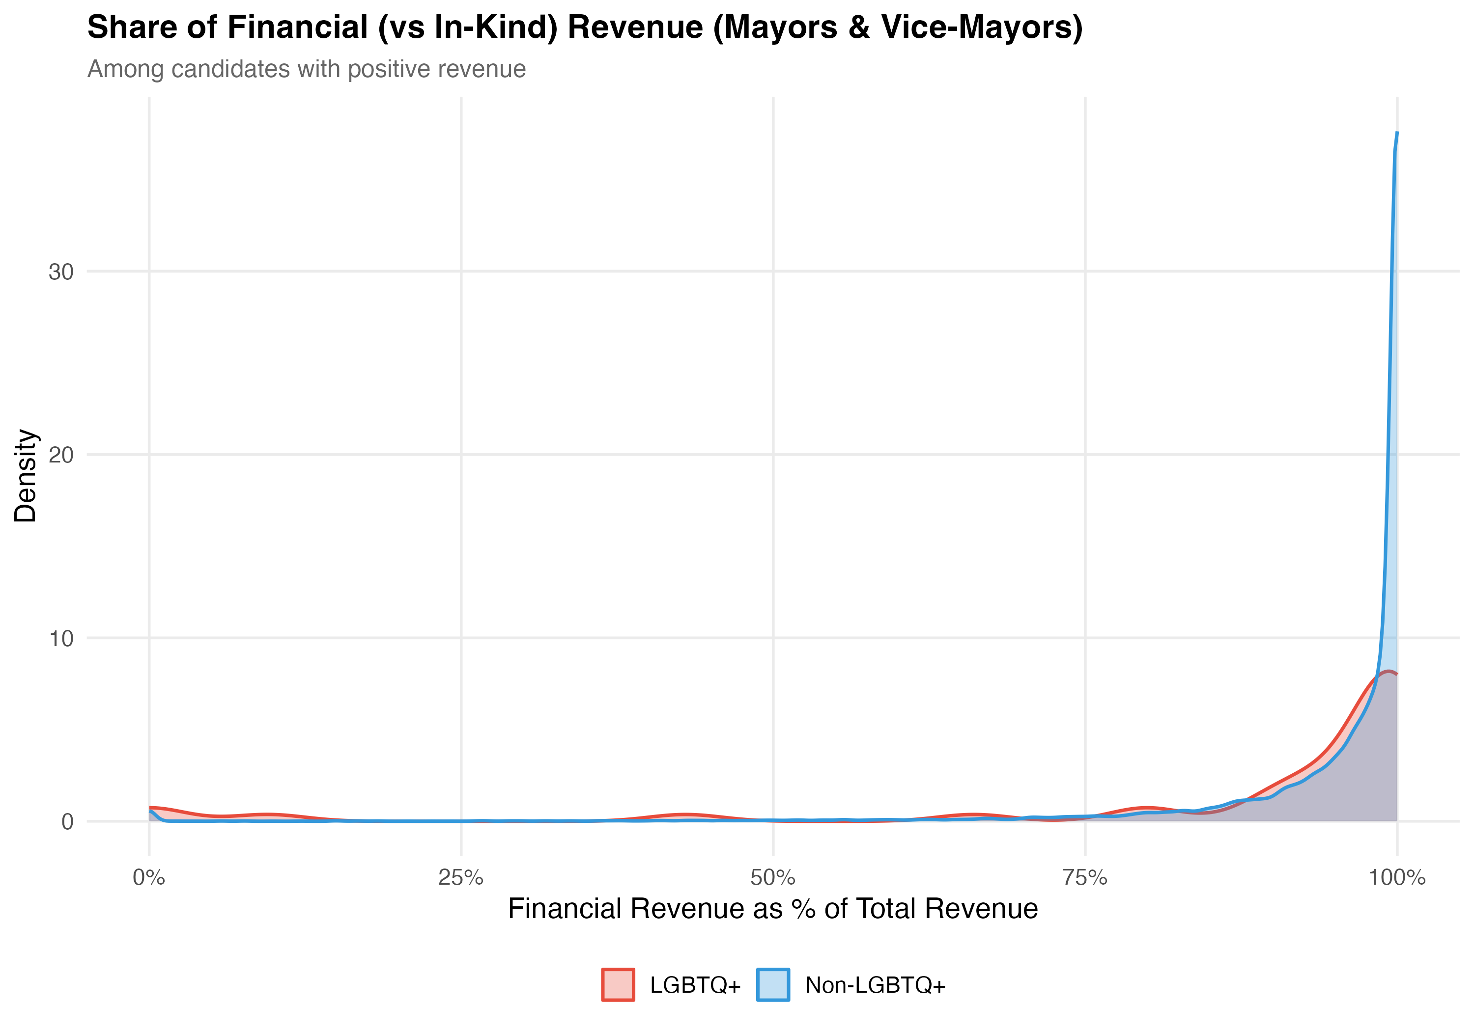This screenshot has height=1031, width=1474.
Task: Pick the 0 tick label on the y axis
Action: pyautogui.click(x=67, y=822)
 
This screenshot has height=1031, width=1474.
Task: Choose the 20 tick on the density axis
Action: pyautogui.click(x=61, y=455)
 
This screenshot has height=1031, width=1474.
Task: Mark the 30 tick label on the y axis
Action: pyautogui.click(x=61, y=272)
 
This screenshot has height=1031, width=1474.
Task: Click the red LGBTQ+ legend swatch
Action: pyautogui.click(x=618, y=985)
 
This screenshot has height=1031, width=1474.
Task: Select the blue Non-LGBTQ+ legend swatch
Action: pyautogui.click(x=773, y=985)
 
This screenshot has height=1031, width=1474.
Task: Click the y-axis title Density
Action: pyautogui.click(x=26, y=475)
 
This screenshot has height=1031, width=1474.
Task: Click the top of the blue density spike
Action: pyautogui.click(x=1397, y=133)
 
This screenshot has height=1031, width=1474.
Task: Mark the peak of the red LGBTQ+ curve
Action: pyautogui.click(x=1389, y=671)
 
